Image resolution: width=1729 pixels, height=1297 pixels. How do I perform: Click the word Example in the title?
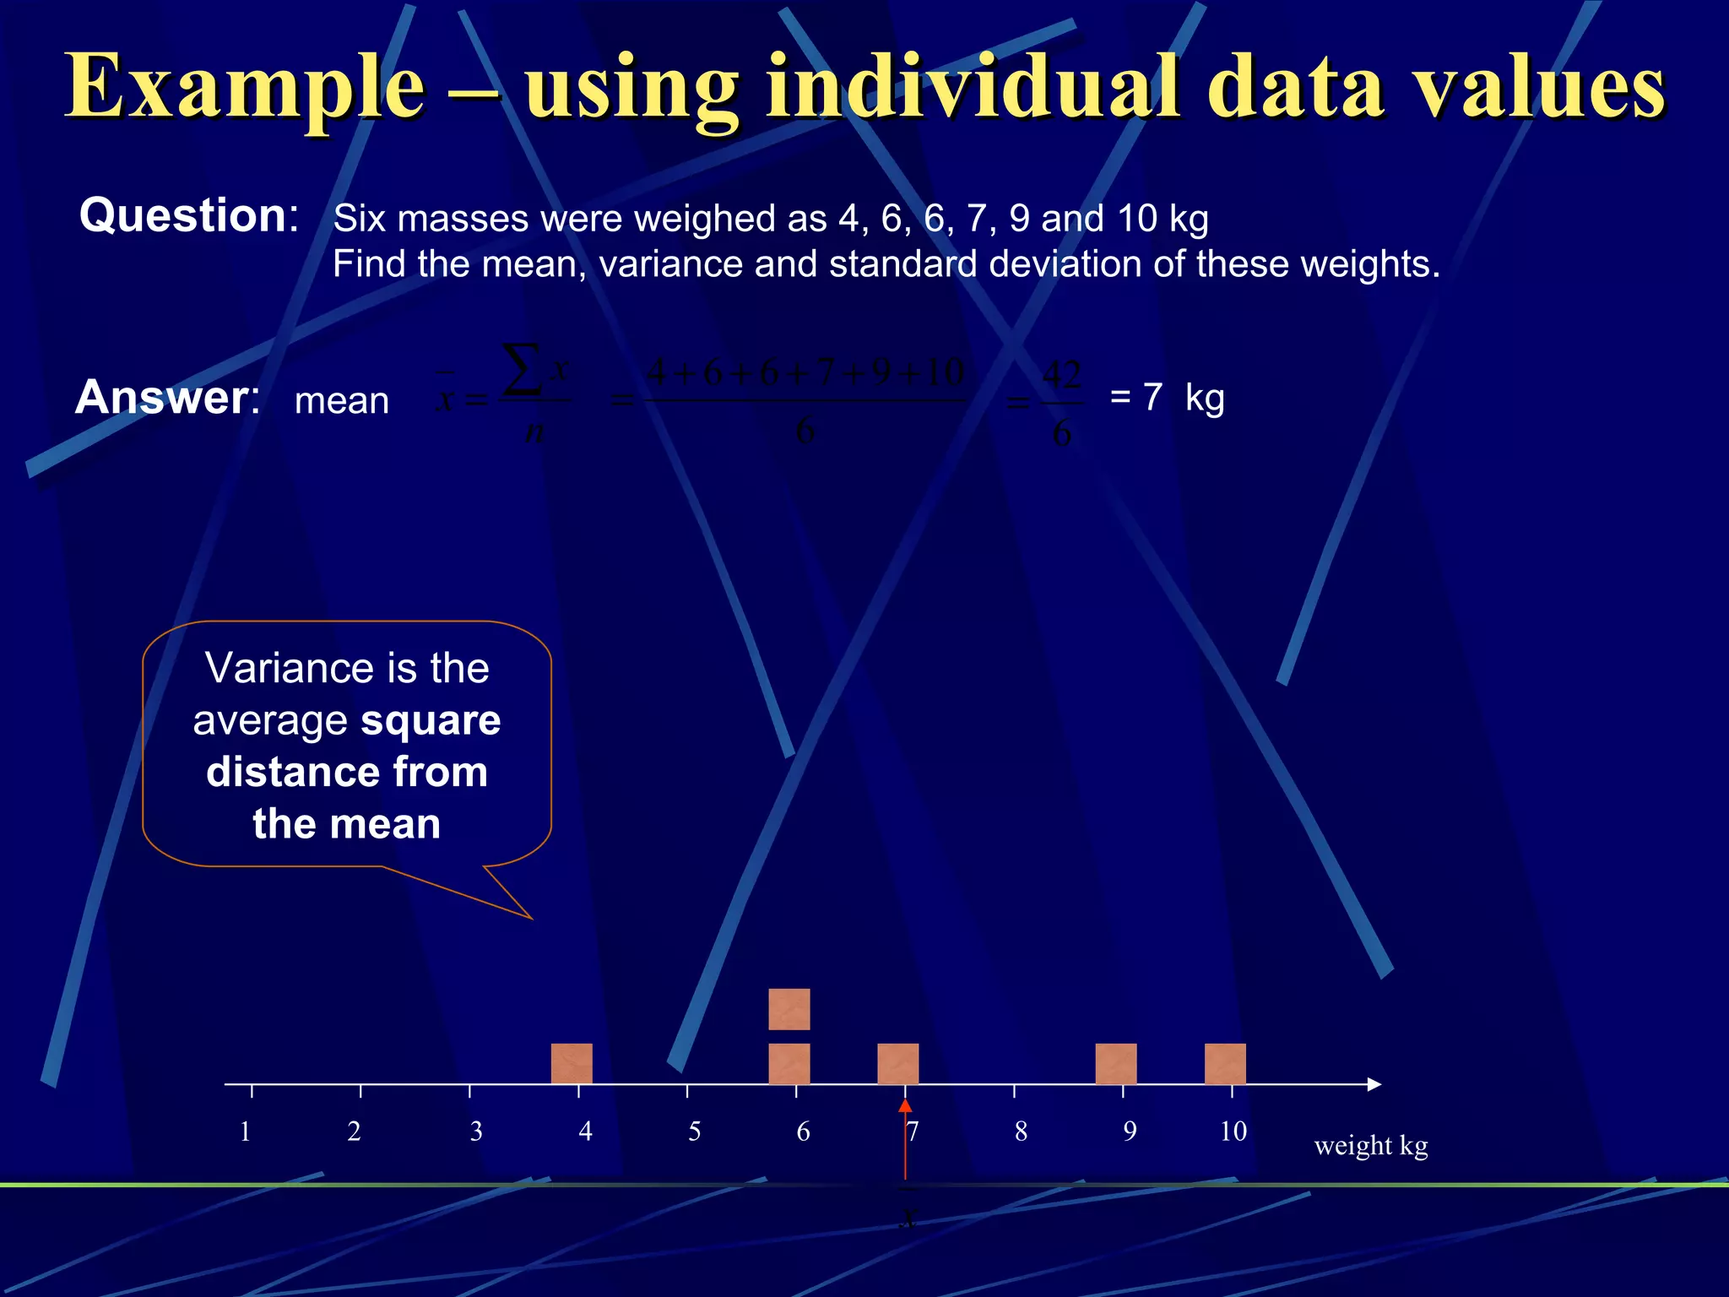[245, 87]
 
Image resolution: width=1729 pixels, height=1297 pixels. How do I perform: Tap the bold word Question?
[183, 215]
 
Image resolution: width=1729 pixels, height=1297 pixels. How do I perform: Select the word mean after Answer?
[342, 401]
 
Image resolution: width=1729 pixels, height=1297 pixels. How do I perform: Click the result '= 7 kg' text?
[1167, 397]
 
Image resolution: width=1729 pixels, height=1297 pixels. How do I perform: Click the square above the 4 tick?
[572, 1063]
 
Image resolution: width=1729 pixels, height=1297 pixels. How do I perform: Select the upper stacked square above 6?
[789, 1009]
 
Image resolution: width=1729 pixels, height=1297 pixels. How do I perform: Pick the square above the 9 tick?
[1116, 1063]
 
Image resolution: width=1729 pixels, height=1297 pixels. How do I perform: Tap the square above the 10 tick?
[1225, 1063]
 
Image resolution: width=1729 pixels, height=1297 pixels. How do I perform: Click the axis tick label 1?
[245, 1131]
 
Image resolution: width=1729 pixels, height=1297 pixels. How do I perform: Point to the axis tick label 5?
[694, 1131]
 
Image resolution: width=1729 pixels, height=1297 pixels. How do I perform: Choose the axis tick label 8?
[1021, 1131]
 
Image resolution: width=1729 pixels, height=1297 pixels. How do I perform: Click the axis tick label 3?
[476, 1131]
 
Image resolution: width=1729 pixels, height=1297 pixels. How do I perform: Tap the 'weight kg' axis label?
[1371, 1146]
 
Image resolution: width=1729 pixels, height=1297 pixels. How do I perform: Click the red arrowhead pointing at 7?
[905, 1106]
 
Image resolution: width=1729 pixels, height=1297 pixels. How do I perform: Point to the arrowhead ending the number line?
[1374, 1084]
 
